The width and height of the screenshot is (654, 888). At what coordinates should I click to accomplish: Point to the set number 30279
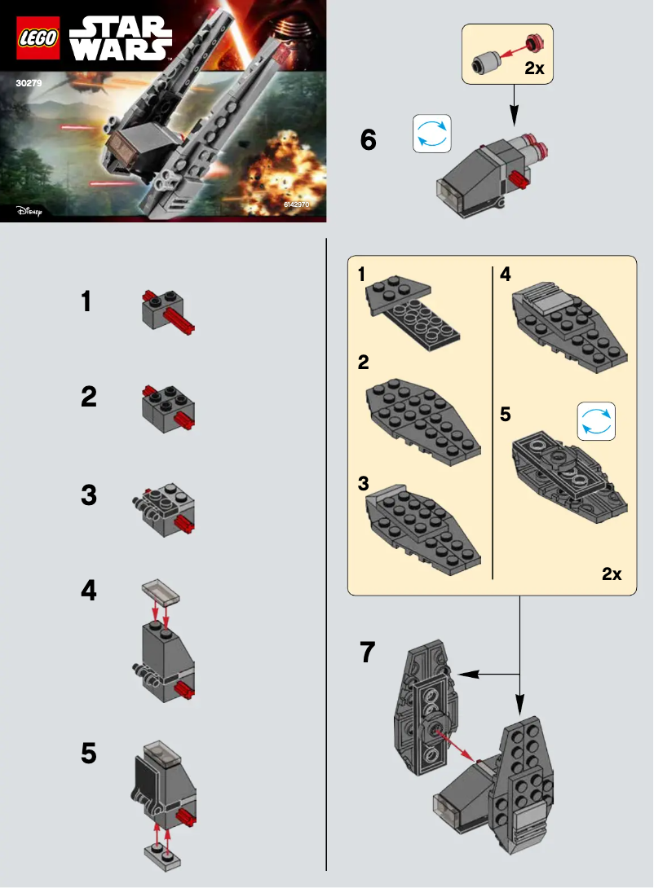(29, 82)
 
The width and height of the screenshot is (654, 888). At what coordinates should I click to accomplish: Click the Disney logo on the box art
(29, 211)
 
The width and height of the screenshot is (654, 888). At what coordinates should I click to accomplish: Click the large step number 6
(369, 140)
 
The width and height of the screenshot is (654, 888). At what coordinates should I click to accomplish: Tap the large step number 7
(369, 652)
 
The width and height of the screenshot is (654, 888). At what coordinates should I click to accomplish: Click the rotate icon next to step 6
(431, 134)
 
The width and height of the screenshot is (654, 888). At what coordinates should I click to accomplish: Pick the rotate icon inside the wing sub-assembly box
(596, 420)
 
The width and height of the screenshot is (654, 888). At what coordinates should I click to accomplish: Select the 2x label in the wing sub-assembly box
(612, 574)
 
